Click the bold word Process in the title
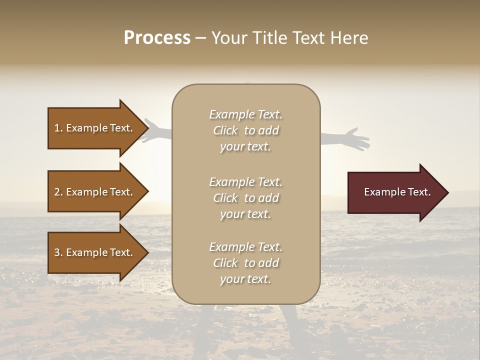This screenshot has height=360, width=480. [x=157, y=38]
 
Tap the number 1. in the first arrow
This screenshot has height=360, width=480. [x=58, y=128]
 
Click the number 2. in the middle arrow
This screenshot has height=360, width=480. [x=58, y=192]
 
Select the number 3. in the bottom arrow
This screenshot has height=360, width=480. [x=58, y=252]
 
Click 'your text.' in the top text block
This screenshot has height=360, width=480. [x=245, y=146]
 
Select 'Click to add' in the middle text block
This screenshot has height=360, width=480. [x=245, y=198]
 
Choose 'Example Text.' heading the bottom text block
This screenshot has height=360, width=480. [x=245, y=247]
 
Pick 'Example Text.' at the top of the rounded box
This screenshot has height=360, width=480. [x=245, y=114]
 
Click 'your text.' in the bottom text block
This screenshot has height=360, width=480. [x=245, y=279]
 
